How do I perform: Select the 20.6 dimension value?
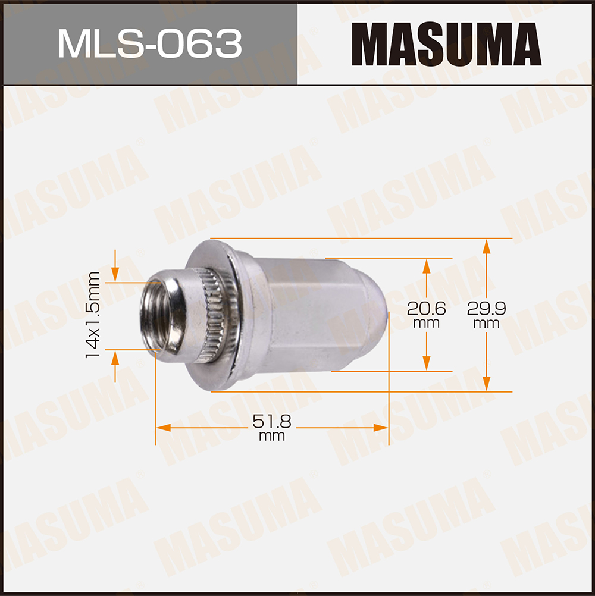tap(426, 308)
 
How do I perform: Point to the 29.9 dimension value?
tap(486, 308)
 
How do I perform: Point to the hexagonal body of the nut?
tap(297, 315)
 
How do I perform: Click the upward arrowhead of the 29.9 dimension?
tap(487, 245)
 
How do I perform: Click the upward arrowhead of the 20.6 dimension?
tap(426, 265)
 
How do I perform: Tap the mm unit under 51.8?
tap(272, 437)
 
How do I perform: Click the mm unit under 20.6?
tap(426, 324)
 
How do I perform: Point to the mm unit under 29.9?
tap(486, 324)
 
